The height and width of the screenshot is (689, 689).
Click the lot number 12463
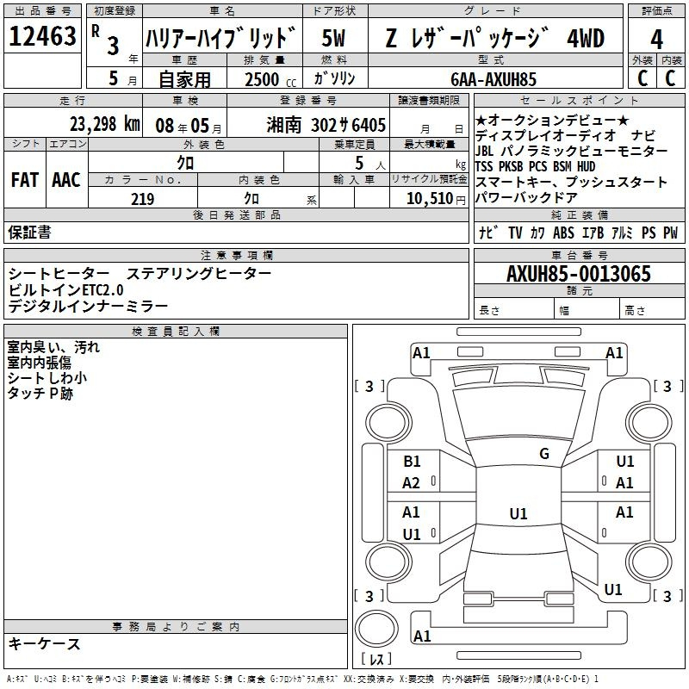pyautogui.click(x=42, y=36)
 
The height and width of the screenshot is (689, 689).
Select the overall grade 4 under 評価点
pyautogui.click(x=656, y=40)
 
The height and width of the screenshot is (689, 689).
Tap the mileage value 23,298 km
pyautogui.click(x=105, y=124)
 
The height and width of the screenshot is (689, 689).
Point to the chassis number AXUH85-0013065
pyautogui.click(x=579, y=274)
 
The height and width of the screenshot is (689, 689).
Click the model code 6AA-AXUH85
pyautogui.click(x=493, y=79)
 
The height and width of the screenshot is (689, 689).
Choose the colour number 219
pyautogui.click(x=142, y=199)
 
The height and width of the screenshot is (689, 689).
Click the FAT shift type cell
pyautogui.click(x=25, y=180)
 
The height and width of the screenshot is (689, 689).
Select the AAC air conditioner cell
pyautogui.click(x=66, y=180)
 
